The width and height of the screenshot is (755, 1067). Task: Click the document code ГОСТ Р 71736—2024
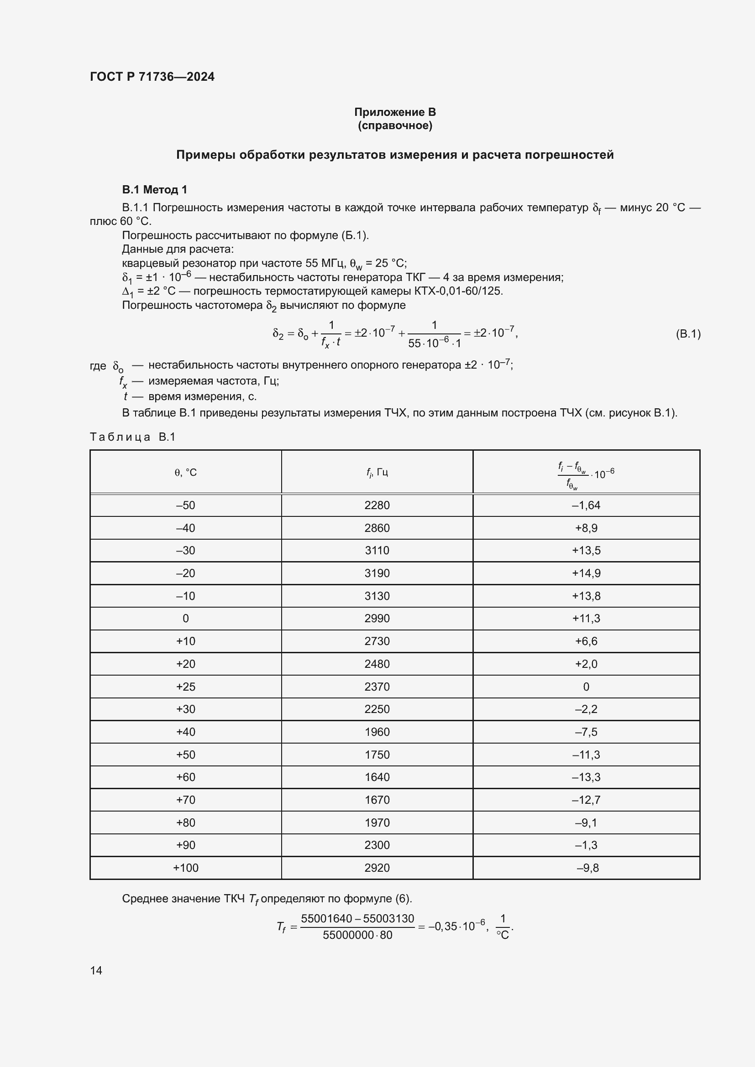(x=152, y=77)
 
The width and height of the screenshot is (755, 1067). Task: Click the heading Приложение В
(x=395, y=112)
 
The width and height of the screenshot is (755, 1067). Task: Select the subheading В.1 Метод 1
(x=154, y=190)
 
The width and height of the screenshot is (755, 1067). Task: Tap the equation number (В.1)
(x=687, y=333)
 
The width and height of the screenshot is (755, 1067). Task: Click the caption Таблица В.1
(x=132, y=437)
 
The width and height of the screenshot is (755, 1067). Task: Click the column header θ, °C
(x=185, y=473)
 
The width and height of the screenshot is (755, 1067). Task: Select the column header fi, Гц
(x=377, y=473)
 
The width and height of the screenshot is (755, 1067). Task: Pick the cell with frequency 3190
(x=377, y=573)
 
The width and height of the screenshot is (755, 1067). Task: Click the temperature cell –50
(x=185, y=505)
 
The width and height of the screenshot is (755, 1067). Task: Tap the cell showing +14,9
(x=586, y=573)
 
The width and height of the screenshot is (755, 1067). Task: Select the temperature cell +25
(x=185, y=687)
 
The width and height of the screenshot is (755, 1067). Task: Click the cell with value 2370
(x=377, y=687)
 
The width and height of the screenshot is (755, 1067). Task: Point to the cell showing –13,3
(x=586, y=777)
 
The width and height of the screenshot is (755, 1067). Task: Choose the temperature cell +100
(x=185, y=868)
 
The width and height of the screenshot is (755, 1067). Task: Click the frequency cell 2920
(x=377, y=868)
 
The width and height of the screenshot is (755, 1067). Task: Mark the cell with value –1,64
(x=586, y=505)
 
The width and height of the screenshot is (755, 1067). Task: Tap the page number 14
(x=96, y=970)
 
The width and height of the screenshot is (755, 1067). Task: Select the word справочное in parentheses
(x=395, y=125)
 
